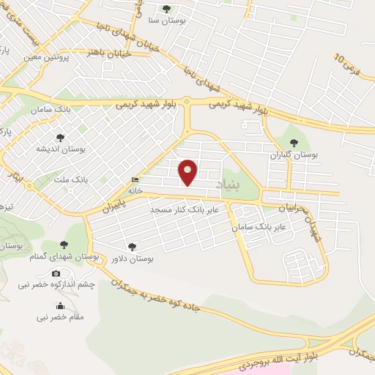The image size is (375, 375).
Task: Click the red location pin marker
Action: click(x=189, y=173)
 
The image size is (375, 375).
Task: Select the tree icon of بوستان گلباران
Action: click(x=294, y=144)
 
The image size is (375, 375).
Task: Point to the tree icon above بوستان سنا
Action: click(x=166, y=9)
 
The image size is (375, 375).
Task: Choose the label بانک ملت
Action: click(x=52, y=178)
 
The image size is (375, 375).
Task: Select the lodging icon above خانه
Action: click(x=134, y=179)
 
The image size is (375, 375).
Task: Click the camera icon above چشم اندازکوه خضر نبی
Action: click(x=56, y=273)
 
